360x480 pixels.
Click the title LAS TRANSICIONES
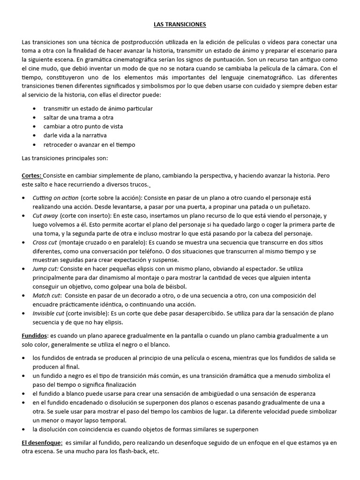point(180,24)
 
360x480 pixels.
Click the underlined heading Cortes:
point(32,176)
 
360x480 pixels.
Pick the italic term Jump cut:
point(45,269)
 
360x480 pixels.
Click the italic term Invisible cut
point(48,313)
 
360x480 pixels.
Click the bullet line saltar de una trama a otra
point(78,118)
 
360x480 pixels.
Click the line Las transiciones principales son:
point(65,158)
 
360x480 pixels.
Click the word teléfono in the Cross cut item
point(186,251)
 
